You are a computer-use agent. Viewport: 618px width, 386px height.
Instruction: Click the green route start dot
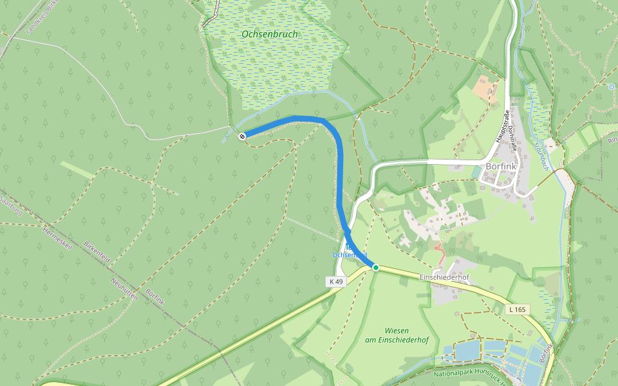pyautogui.click(x=375, y=268)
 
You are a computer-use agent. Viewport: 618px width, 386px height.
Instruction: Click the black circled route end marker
pyautogui.click(x=242, y=136)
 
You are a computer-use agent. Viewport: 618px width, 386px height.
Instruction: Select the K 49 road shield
pyautogui.click(x=337, y=282)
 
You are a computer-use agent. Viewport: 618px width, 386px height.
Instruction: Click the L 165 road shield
pyautogui.click(x=518, y=309)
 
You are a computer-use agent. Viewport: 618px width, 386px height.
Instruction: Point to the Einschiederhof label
pyautogui.click(x=444, y=277)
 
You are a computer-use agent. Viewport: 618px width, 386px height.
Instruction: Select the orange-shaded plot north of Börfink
pyautogui.click(x=485, y=88)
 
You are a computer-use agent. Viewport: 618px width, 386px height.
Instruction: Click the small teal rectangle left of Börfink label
pyautogui.click(x=476, y=172)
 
